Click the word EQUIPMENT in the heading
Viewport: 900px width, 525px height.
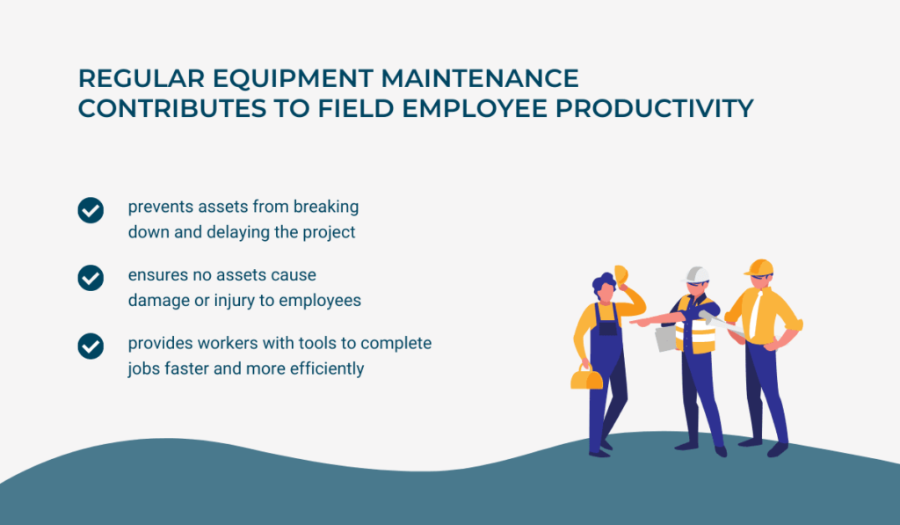[x=293, y=78]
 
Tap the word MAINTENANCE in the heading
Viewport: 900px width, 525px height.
[x=480, y=78]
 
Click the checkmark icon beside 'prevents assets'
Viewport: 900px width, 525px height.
[x=91, y=210]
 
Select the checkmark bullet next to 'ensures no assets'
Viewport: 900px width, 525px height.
[x=91, y=278]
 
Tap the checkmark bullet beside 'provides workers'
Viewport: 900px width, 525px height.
[x=91, y=346]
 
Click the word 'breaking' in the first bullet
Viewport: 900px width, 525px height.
[x=326, y=208]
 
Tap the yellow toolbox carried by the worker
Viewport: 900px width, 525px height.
[x=586, y=378]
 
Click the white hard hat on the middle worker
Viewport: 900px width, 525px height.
[x=697, y=274]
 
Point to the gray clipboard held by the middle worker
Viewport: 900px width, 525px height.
[x=665, y=339]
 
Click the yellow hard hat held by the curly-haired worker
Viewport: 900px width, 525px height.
[x=621, y=274]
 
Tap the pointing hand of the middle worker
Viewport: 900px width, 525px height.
[x=636, y=322]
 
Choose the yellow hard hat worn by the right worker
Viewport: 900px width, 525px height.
[x=758, y=267]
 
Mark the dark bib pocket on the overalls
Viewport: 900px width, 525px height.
[x=607, y=328]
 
